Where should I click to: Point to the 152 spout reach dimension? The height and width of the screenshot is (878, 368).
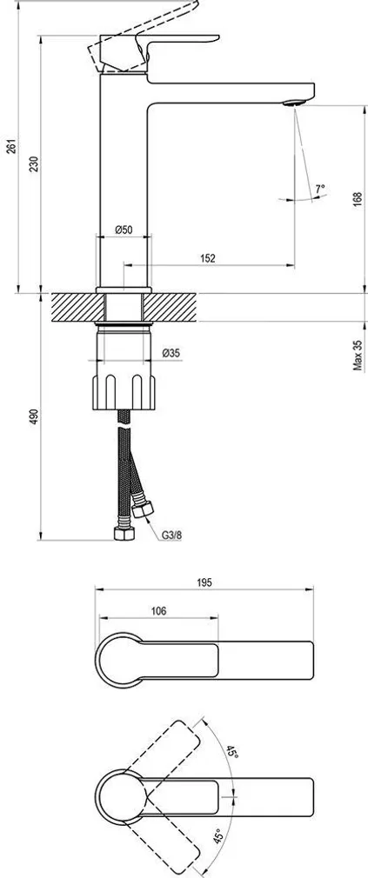[x=207, y=258]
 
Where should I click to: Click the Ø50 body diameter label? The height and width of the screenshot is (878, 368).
[x=124, y=229]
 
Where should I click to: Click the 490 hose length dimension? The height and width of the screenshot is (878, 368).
[x=33, y=417]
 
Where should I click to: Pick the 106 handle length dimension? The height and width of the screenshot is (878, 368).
[x=158, y=612]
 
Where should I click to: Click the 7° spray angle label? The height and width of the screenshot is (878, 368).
[x=319, y=187]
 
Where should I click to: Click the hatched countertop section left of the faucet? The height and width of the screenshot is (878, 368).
[x=76, y=307]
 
